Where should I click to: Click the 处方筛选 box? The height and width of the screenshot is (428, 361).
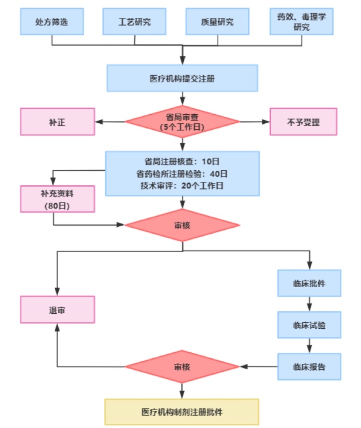52,22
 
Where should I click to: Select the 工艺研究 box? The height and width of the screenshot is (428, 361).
134,22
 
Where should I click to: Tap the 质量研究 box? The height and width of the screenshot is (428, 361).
217,22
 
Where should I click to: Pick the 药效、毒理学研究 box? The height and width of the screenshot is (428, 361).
302,22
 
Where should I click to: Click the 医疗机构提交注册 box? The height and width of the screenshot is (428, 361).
182,78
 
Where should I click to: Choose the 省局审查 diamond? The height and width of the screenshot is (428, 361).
182,122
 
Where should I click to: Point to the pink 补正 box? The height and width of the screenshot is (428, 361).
57,122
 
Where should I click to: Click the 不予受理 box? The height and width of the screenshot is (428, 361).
303,122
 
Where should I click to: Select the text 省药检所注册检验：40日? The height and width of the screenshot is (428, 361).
182,174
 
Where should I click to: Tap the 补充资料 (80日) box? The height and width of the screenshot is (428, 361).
57,199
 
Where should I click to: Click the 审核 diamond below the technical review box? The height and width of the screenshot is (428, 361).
182,225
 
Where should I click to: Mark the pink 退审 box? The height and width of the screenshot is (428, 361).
57,309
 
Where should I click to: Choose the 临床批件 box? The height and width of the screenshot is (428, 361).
309,283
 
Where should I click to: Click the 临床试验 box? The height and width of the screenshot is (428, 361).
309,325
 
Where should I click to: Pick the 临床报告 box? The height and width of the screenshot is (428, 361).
309,367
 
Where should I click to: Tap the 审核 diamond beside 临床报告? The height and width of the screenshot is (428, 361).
182,367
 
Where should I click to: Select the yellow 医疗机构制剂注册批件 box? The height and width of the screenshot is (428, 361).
182,412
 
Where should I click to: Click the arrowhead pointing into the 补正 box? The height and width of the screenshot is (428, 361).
99,122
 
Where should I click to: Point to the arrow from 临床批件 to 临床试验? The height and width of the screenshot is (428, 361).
309,304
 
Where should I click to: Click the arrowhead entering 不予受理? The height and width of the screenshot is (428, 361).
266,122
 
